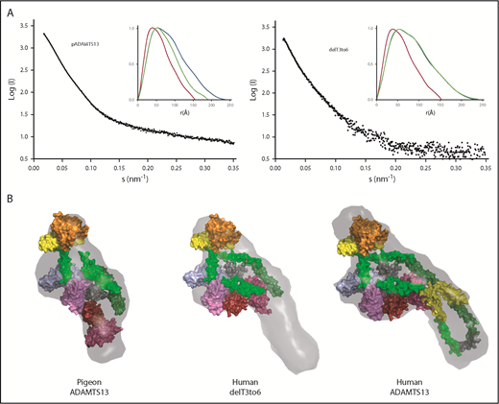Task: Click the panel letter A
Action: [8, 10]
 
